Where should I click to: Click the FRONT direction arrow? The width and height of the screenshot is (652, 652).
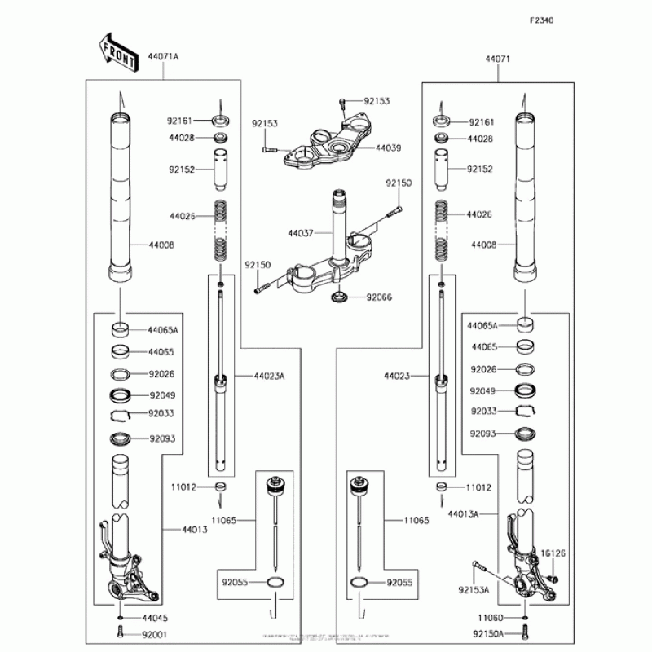[117, 51]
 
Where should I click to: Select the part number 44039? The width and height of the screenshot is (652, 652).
[388, 148]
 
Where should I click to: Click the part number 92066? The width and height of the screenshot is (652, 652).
[378, 297]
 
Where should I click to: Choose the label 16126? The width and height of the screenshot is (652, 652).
[554, 553]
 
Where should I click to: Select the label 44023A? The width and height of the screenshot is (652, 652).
[268, 376]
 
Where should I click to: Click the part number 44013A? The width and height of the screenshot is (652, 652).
[462, 514]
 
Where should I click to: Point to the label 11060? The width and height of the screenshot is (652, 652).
[490, 618]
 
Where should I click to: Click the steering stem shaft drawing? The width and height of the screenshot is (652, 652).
[340, 224]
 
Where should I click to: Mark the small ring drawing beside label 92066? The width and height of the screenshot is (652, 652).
[338, 297]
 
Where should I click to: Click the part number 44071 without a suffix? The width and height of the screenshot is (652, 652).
[497, 59]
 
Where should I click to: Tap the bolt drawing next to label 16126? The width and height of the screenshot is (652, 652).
[554, 577]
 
